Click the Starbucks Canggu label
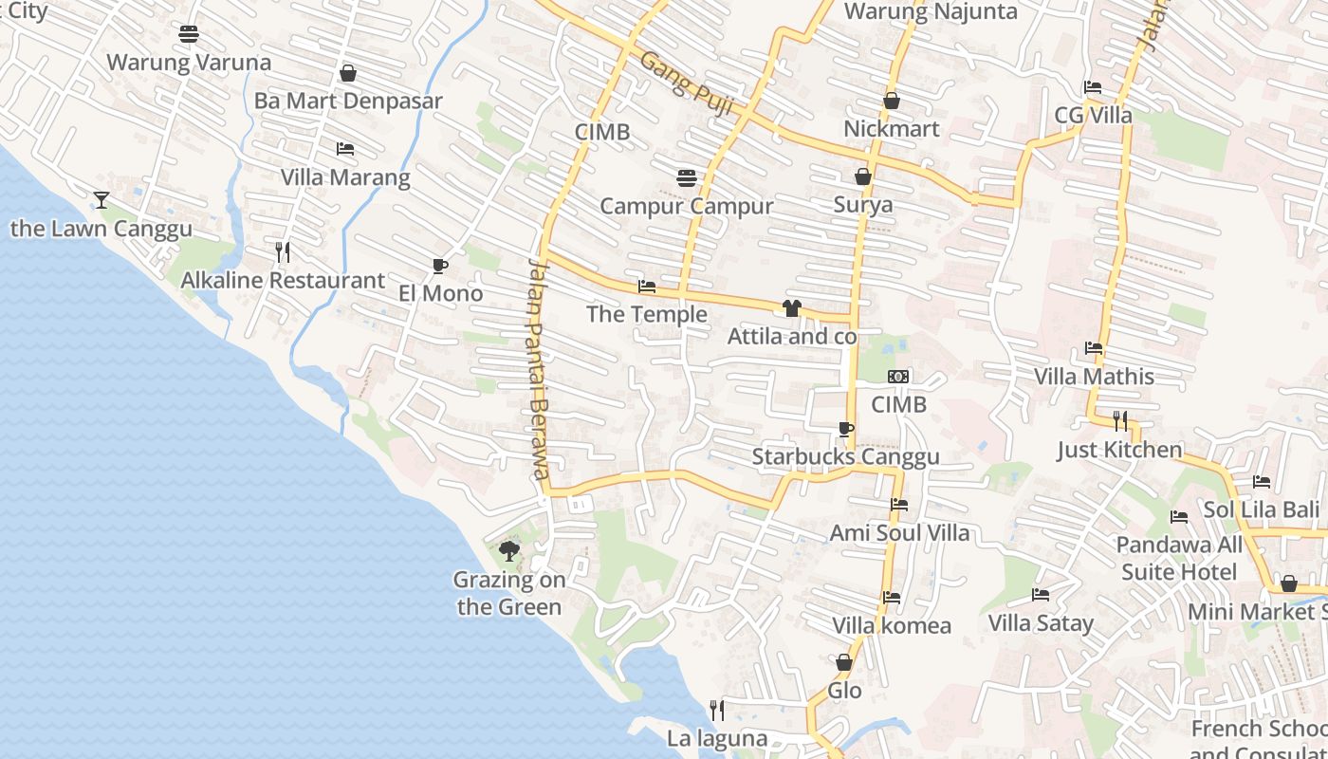[845, 456]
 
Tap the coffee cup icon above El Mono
[439, 266]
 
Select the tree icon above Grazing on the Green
[509, 550]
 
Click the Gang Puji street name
[686, 83]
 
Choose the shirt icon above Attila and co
[792, 307]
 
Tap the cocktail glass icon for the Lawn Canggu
[101, 199]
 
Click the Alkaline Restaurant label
[283, 280]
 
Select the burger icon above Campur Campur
[687, 177]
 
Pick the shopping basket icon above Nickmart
[892, 100]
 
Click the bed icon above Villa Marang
[345, 149]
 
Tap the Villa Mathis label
[1094, 376]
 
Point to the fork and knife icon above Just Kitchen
[1120, 420]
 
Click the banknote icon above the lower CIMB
[898, 377]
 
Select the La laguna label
[717, 738]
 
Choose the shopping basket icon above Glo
[844, 662]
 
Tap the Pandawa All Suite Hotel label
[1179, 558]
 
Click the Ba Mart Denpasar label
[348, 101]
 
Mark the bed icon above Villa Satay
[1041, 595]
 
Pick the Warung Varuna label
[189, 63]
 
